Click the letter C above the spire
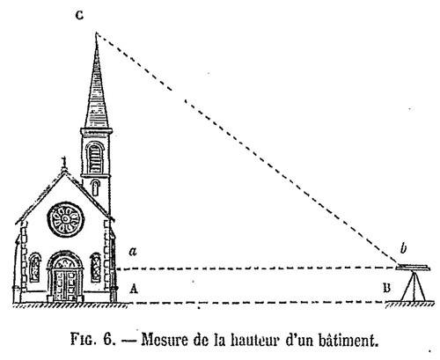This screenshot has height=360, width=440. click(79, 15)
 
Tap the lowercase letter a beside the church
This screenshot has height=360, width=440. click(133, 252)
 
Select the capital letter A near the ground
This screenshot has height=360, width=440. click(134, 289)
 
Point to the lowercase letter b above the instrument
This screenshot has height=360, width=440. click(404, 249)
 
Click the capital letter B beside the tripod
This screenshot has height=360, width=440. click(387, 288)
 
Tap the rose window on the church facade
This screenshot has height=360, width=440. click(66, 219)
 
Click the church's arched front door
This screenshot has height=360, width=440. click(65, 276)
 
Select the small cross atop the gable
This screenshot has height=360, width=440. click(64, 162)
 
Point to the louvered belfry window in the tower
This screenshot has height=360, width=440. click(95, 158)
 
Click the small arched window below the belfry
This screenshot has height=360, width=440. click(95, 187)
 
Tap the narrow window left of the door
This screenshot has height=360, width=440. click(35, 268)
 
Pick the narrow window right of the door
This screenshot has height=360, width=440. click(96, 268)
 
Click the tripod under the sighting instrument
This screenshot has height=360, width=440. click(414, 286)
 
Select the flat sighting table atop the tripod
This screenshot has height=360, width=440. click(413, 268)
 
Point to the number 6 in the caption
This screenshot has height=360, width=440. click(107, 341)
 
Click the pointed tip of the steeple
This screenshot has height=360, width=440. click(96, 33)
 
